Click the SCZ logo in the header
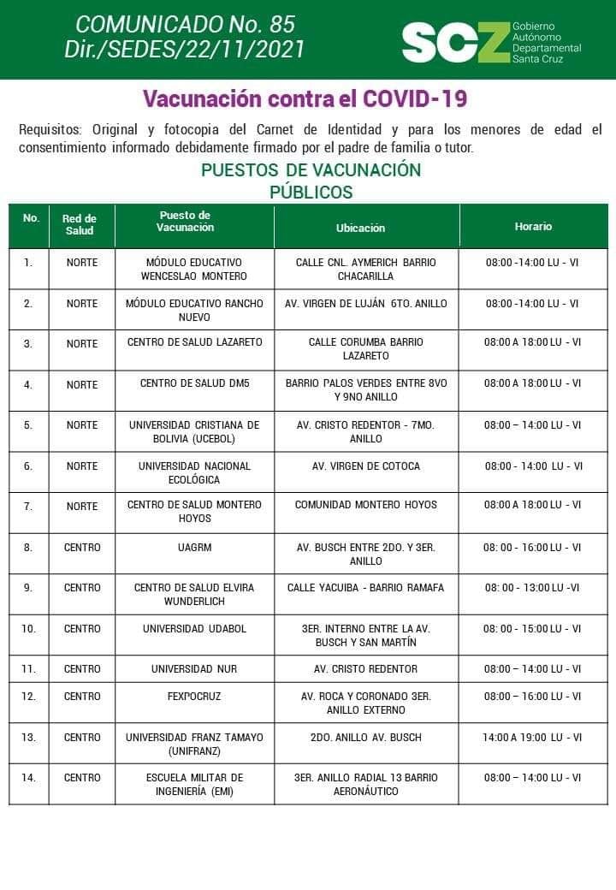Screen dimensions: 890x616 tap(455, 41)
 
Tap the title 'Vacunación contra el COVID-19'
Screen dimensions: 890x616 tap(305, 98)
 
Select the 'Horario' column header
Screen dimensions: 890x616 tap(533, 227)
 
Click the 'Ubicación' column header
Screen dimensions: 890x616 tap(360, 228)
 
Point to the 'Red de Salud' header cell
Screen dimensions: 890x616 tap(80, 225)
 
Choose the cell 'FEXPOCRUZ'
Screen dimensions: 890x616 tap(194, 697)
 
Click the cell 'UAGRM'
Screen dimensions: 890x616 tap(194, 547)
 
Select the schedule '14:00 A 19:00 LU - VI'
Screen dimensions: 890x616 tap(531, 737)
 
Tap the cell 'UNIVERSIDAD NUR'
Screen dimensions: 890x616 tap(194, 668)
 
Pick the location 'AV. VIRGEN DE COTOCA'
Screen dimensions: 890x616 tap(365, 466)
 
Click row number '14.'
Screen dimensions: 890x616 tap(29, 778)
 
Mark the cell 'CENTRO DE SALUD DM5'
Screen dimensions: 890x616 tap(194, 383)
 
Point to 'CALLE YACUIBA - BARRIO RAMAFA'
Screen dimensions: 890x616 tap(365, 588)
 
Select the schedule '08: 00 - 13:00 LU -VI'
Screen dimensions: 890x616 tap(532, 588)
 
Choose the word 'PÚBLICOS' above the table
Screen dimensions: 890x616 tap(311, 192)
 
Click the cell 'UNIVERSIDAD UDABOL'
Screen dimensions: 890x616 tap(194, 629)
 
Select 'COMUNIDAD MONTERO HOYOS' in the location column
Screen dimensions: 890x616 tap(365, 505)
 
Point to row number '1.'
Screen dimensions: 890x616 tap(28, 263)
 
